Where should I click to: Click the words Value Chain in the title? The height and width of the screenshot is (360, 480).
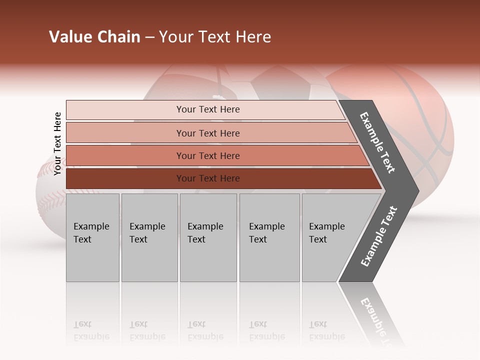click(x=94, y=37)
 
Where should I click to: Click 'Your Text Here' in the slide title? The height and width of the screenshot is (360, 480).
click(x=215, y=37)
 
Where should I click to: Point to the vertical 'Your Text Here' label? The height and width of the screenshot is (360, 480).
click(x=57, y=143)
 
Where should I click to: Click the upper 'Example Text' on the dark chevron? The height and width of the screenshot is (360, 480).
click(x=377, y=142)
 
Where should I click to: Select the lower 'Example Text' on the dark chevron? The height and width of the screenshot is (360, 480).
click(x=379, y=236)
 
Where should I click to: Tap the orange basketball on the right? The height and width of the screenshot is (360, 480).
click(x=430, y=125)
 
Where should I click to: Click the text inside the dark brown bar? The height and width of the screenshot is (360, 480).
click(x=208, y=178)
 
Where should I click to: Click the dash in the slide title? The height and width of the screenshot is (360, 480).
click(x=149, y=37)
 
